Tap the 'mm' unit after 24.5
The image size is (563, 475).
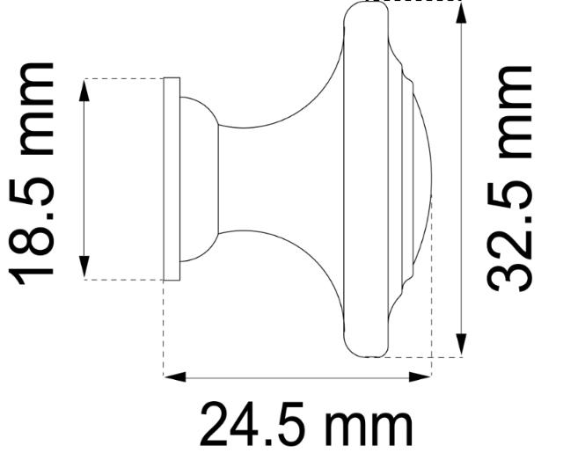pos(369,427)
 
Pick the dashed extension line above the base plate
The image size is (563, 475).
pos(123,78)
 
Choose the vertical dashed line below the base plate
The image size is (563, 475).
pos(165,325)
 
